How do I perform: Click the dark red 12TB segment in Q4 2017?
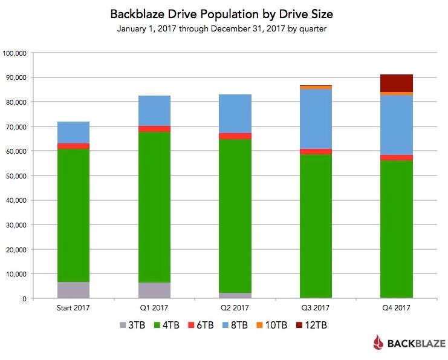point(397,83)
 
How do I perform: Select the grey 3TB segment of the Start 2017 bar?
point(73,290)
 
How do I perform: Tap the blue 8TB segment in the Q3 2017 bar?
point(316,119)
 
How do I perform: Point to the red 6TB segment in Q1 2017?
point(154,129)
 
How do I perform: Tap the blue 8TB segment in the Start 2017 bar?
point(73,133)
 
